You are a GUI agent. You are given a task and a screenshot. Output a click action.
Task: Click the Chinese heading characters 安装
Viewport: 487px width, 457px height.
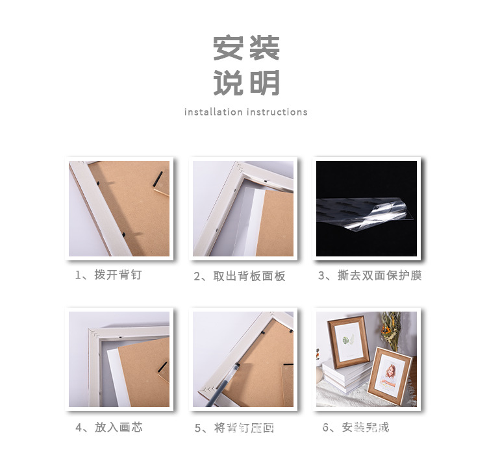pos(247,48)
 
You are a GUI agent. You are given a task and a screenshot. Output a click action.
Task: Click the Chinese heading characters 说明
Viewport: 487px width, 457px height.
pos(247,83)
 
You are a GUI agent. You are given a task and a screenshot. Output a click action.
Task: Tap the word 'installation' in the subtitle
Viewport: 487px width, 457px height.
pos(213,112)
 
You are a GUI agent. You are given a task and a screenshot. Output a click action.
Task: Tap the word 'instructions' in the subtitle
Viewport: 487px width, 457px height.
pos(277,112)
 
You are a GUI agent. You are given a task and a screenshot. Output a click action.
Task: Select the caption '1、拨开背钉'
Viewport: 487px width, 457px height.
pos(108,275)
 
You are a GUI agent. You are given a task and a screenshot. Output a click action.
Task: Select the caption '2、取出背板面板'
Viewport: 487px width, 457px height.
pos(240,277)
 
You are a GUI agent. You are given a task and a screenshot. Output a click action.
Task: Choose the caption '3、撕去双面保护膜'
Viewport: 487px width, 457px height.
pos(369,275)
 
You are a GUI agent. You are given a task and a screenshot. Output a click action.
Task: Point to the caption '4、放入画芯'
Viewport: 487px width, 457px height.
pos(109,427)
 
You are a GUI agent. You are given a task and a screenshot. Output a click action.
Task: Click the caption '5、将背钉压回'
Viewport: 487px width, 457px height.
pos(234,428)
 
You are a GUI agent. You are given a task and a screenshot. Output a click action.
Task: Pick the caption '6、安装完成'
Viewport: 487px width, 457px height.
pos(356,427)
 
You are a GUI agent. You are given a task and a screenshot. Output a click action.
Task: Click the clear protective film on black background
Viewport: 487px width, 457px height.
pos(364,214)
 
